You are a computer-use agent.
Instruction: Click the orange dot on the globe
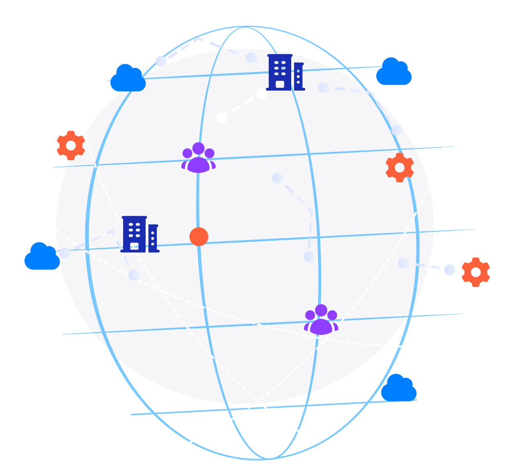pos(199,236)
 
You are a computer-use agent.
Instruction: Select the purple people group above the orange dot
pos(198,158)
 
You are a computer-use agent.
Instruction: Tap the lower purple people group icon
pos(321,320)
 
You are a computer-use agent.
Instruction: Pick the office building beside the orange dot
pos(139,234)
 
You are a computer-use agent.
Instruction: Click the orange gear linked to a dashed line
pos(475,272)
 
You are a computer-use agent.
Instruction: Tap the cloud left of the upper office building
pos(128,78)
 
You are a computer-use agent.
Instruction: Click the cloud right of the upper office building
pos(393,72)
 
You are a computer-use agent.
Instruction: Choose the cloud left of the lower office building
pos(42,256)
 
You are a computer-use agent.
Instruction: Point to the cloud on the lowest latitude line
pos(399,388)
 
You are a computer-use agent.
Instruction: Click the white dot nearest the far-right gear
pos(450,270)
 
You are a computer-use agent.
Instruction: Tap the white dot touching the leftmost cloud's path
pos(65,253)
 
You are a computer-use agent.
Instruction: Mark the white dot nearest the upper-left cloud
pos(161,61)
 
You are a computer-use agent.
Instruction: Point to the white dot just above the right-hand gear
pos(397,130)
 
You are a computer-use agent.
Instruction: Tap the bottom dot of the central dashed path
pos(309,257)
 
